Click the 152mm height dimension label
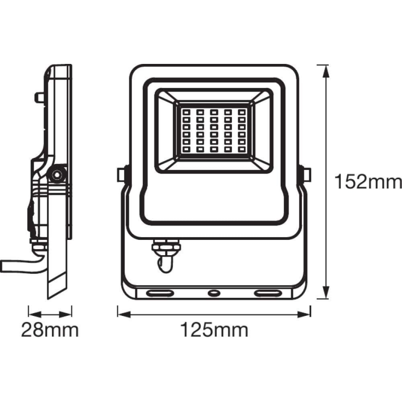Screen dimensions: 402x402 pos(368,182)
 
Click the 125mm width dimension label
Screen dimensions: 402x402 pos(214,330)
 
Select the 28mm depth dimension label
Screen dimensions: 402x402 pos(50,330)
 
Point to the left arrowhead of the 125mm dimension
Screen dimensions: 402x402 pos(121,314)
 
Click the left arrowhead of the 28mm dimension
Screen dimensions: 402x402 pos(32,314)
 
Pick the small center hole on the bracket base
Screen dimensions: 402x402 pos(214,293)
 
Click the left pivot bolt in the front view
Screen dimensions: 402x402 pos(122,175)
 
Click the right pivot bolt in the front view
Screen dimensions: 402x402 pos(306,175)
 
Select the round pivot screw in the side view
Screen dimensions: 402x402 pos(57,175)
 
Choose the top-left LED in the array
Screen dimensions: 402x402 pos(186,112)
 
